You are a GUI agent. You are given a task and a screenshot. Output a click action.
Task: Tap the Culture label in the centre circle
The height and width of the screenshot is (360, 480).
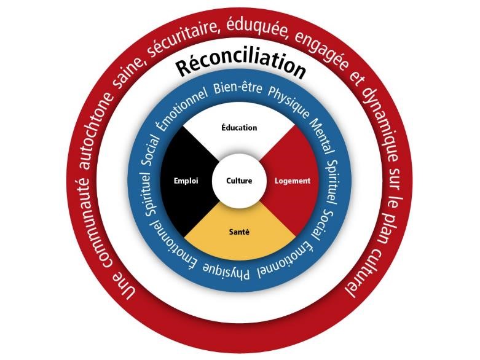pyautogui.click(x=240, y=181)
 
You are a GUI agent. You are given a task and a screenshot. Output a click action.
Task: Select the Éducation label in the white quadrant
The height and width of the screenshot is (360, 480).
pyautogui.click(x=240, y=128)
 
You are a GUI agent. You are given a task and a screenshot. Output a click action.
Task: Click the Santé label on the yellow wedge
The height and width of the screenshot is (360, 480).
pyautogui.click(x=240, y=232)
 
